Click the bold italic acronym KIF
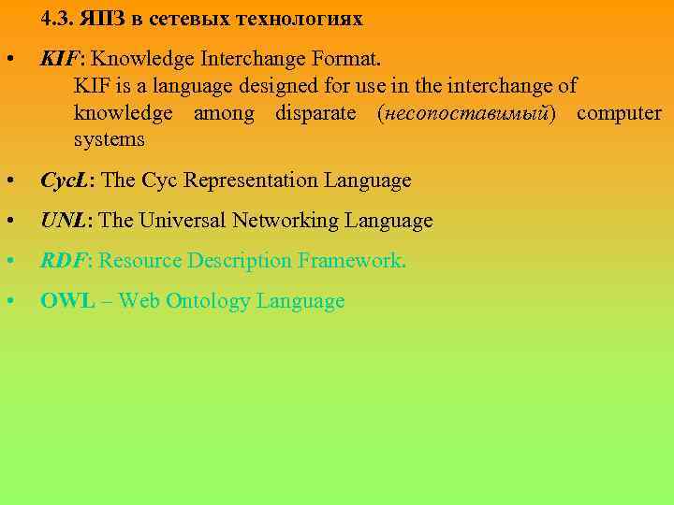(58, 60)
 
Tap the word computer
(619, 113)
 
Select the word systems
(109, 140)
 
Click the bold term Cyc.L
(68, 180)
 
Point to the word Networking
(290, 221)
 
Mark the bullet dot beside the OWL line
(8, 301)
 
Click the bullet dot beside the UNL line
(8, 221)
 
